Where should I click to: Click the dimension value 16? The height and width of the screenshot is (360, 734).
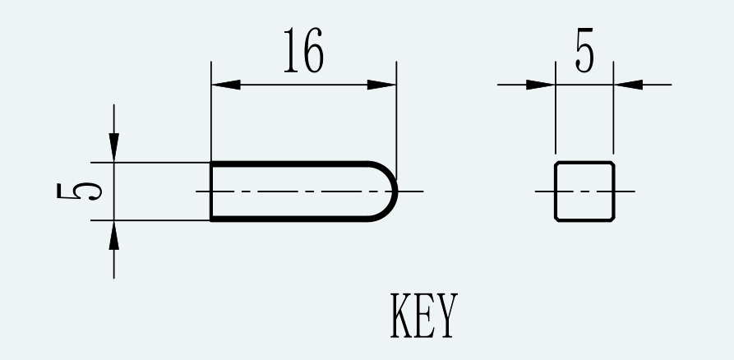coord(304,50)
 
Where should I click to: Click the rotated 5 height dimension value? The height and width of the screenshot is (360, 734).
coord(79,191)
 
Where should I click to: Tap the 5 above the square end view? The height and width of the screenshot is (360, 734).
coord(584,50)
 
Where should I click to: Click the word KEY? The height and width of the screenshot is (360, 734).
coord(423,316)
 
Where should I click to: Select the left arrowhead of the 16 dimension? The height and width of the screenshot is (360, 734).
coord(226,85)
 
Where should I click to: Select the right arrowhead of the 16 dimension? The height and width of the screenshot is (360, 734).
coord(382,85)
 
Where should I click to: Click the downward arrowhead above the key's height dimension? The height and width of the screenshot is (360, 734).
coord(113,148)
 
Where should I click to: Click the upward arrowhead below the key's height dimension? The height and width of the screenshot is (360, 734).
coord(113,234)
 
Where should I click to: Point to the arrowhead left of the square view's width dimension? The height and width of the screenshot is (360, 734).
coord(541,85)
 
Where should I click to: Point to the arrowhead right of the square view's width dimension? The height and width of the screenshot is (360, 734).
coord(628,85)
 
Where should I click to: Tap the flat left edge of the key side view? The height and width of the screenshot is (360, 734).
coord(211,191)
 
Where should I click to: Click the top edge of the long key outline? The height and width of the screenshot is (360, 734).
coord(290,164)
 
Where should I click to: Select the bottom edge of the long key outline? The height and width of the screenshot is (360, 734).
coord(290,219)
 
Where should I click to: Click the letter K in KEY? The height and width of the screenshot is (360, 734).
coord(401,316)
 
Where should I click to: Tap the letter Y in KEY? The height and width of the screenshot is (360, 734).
coord(446,316)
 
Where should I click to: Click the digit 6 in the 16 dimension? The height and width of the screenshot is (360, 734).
coord(314,50)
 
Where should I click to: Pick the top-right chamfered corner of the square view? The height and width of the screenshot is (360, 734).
coord(612,164)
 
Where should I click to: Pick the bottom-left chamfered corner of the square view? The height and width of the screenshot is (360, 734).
coord(557,219)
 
